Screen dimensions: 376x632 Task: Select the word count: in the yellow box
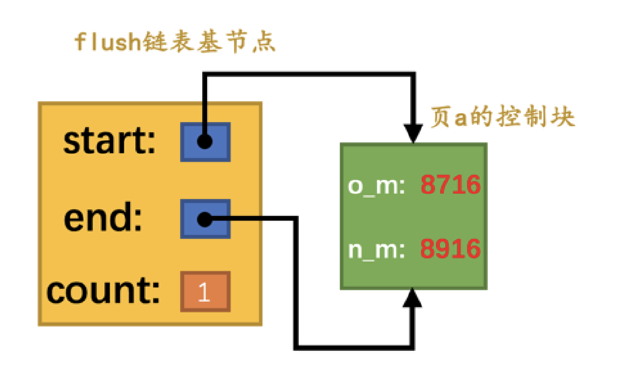[x=103, y=291]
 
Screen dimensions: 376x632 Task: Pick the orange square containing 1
[x=205, y=292]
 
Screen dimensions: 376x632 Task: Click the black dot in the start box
[x=204, y=142]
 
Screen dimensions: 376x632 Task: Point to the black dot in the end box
[x=204, y=219]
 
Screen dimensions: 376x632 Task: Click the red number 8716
[x=450, y=185]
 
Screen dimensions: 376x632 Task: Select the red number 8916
[x=450, y=249]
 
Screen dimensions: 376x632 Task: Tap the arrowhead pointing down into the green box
[x=413, y=133]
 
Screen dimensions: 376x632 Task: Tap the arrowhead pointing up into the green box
[x=413, y=299]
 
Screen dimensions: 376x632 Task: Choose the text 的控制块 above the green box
[x=523, y=117]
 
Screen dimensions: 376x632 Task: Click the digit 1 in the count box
[x=204, y=292]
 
